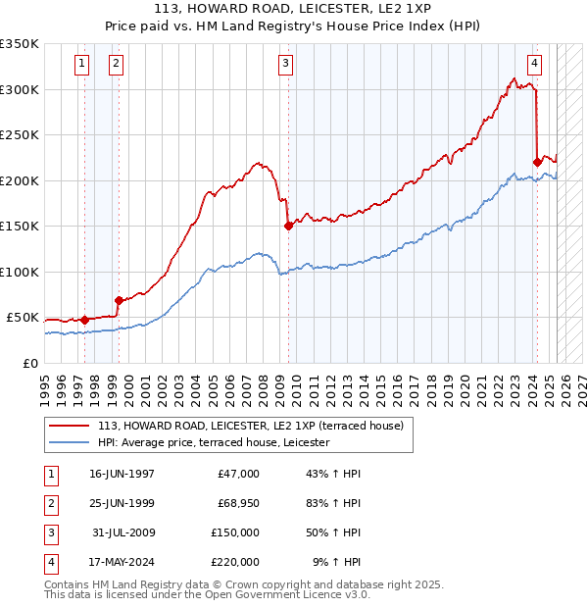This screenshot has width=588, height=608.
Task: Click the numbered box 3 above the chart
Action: [285, 65]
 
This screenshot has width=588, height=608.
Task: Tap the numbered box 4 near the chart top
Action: [534, 65]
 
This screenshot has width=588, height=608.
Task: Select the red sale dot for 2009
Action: [289, 226]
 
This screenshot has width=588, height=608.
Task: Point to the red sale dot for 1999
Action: [119, 300]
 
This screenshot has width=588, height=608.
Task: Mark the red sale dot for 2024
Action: [537, 162]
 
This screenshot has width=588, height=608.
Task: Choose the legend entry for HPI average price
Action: [214, 443]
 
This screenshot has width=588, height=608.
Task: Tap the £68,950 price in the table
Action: [235, 503]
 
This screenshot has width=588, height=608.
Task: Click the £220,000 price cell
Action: [235, 562]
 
